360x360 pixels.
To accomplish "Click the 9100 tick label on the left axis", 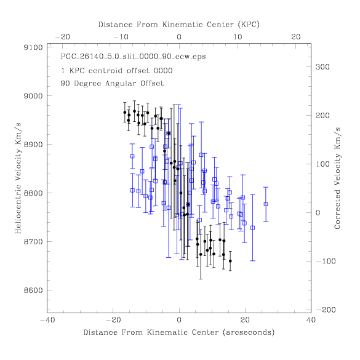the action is click(x=33, y=47).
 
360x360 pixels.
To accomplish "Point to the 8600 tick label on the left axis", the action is click(x=33, y=290).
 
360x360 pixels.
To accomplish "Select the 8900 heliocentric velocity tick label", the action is click(x=33, y=145).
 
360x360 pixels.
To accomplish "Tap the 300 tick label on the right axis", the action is click(x=322, y=67).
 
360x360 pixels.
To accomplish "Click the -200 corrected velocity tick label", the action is click(x=326, y=310).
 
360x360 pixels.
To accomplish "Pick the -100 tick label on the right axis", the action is click(x=326, y=262).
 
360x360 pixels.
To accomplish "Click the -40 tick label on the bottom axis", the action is click(x=48, y=320).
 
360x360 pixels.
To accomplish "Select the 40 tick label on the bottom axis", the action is click(x=311, y=320).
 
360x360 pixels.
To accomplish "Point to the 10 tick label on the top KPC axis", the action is click(x=238, y=37).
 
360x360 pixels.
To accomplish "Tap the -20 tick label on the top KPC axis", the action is click(x=63, y=37).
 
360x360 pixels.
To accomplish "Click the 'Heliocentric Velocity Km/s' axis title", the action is click(x=18, y=178).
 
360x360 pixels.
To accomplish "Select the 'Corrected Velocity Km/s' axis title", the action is click(x=337, y=178).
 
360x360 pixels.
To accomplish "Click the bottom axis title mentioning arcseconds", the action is click(x=179, y=332).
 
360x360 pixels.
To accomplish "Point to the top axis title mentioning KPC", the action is click(x=179, y=25).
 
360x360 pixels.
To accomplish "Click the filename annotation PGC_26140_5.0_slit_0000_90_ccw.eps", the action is click(x=133, y=57).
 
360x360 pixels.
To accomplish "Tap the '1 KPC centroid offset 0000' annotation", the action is click(x=117, y=71).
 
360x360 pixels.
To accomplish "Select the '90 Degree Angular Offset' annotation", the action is click(x=112, y=83).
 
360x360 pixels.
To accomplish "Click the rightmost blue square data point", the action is click(x=266, y=204).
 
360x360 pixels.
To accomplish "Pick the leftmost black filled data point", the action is click(x=125, y=113).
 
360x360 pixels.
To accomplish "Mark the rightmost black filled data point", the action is click(x=230, y=261).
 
